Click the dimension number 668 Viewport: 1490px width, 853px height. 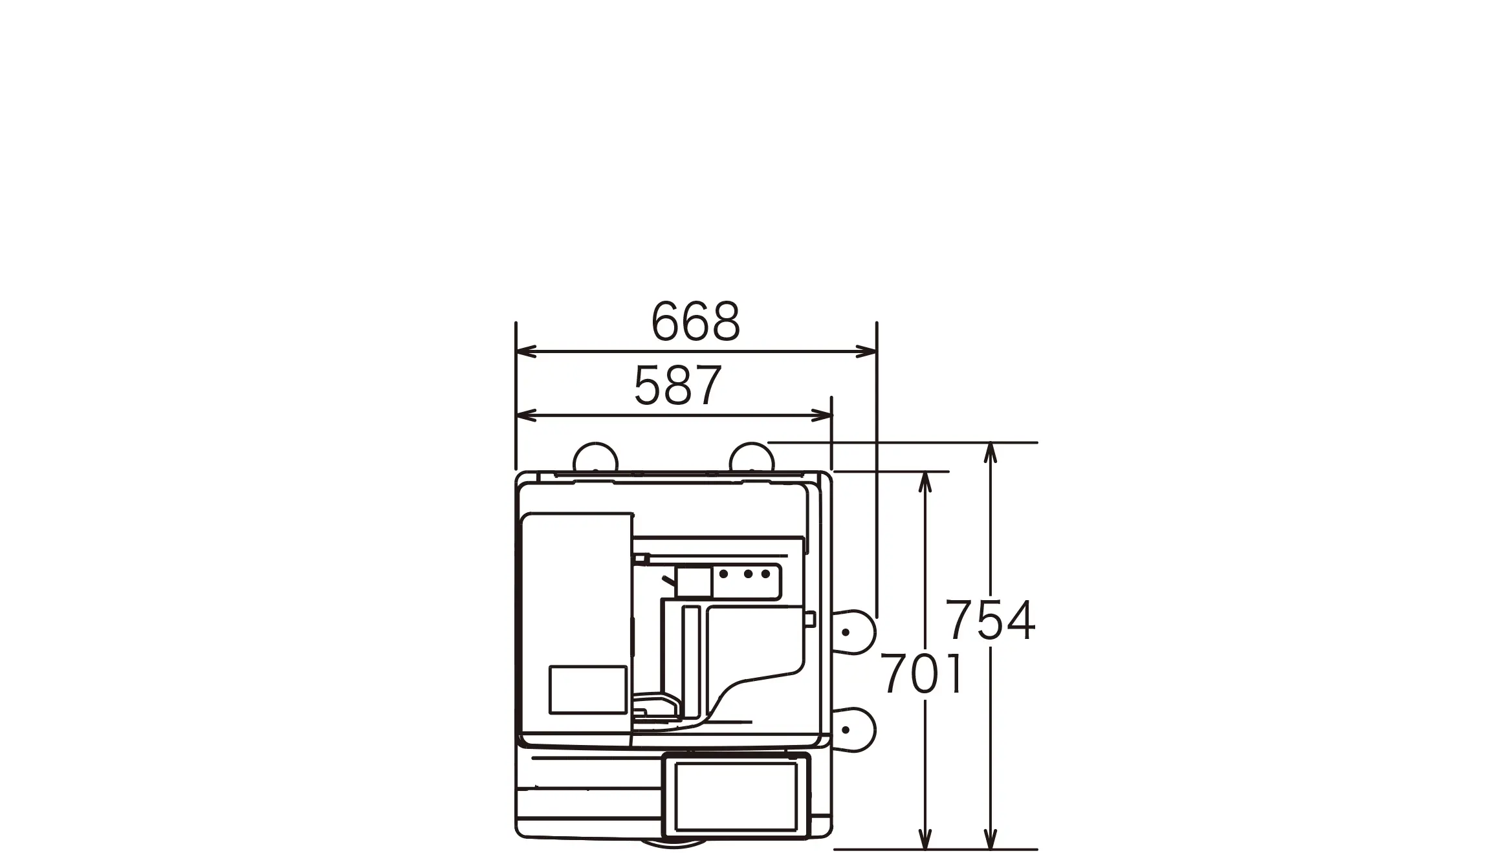click(696, 321)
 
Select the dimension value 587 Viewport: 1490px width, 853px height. click(677, 386)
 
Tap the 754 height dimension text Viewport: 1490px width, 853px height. click(991, 620)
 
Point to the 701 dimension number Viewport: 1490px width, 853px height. click(922, 673)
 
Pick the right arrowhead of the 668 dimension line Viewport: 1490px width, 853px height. click(866, 352)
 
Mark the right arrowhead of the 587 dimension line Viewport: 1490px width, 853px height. click(821, 416)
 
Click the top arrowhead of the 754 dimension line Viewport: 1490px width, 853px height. click(990, 453)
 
